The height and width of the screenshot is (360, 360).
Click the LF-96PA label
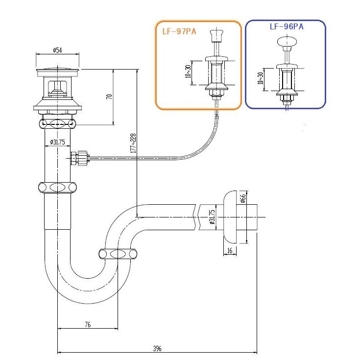[x=286, y=27]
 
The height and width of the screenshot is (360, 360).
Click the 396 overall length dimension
[x=157, y=348]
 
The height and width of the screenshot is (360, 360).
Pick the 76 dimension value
[x=88, y=325]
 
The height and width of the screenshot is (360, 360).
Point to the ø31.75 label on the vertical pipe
[x=57, y=142]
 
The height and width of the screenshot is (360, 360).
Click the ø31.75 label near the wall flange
[x=212, y=217]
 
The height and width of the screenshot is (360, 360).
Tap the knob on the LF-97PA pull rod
[x=216, y=36]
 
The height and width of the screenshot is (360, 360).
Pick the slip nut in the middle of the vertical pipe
[x=57, y=187]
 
